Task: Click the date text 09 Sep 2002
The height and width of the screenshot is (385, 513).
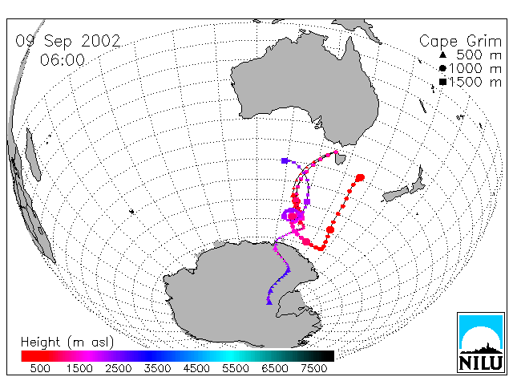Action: pyautogui.click(x=68, y=41)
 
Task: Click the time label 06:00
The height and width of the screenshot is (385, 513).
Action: pyautogui.click(x=63, y=60)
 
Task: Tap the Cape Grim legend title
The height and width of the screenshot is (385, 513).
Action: pyautogui.click(x=460, y=42)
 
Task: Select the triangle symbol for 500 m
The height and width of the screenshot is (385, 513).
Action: pyautogui.click(x=442, y=55)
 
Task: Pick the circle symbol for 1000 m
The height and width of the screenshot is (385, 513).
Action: pyautogui.click(x=442, y=68)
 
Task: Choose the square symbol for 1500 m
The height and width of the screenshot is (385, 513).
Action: pyautogui.click(x=442, y=82)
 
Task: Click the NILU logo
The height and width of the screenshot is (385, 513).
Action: pyautogui.click(x=481, y=342)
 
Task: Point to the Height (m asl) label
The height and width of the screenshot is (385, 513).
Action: pyautogui.click(x=67, y=342)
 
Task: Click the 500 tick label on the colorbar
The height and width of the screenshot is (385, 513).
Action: pyautogui.click(x=40, y=368)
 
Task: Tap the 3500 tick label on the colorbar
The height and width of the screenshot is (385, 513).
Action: pyautogui.click(x=157, y=368)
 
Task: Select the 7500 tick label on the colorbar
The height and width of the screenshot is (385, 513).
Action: pyautogui.click(x=313, y=368)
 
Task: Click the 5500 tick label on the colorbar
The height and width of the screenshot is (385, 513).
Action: pyautogui.click(x=236, y=368)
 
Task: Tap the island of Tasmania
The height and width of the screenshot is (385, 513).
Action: pyautogui.click(x=340, y=159)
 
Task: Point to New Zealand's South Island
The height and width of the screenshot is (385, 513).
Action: pyautogui.click(x=396, y=194)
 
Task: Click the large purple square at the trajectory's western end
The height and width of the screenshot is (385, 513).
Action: pyautogui.click(x=285, y=160)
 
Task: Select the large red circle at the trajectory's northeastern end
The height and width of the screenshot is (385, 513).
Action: pyautogui.click(x=360, y=178)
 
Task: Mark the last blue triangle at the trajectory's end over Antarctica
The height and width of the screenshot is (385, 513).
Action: pyautogui.click(x=269, y=302)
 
